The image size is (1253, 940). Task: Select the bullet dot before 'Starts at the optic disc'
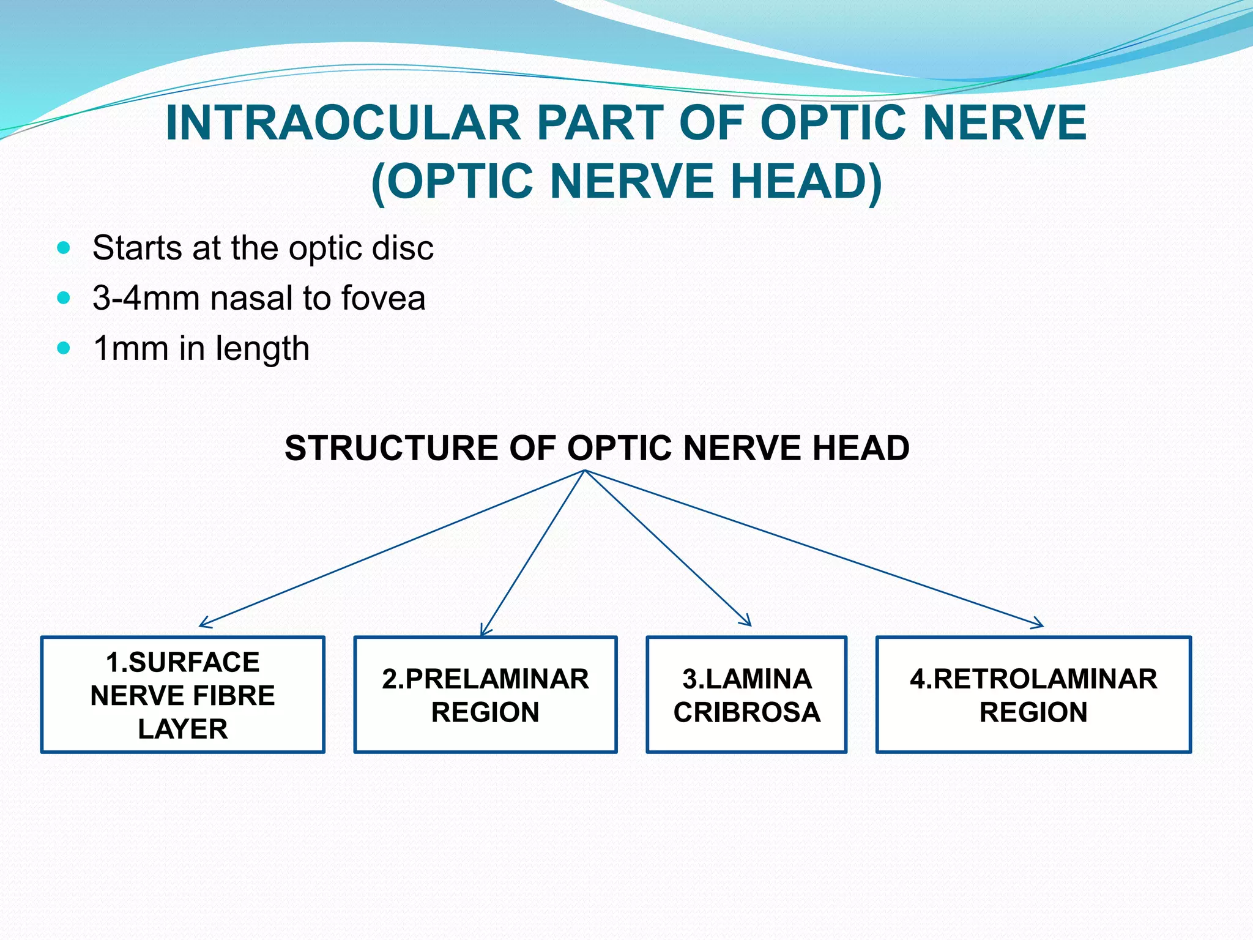64,248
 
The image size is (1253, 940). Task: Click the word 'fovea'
383,299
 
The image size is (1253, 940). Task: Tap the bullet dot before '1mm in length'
64,349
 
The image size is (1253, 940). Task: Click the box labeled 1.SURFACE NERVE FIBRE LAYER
182,695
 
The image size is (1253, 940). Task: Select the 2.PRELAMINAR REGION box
485,695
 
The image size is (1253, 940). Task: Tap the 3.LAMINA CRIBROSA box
746,695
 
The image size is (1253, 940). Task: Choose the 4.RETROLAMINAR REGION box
1033,695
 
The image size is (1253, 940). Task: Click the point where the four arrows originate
585,471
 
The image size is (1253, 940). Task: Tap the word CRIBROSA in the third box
746,712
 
